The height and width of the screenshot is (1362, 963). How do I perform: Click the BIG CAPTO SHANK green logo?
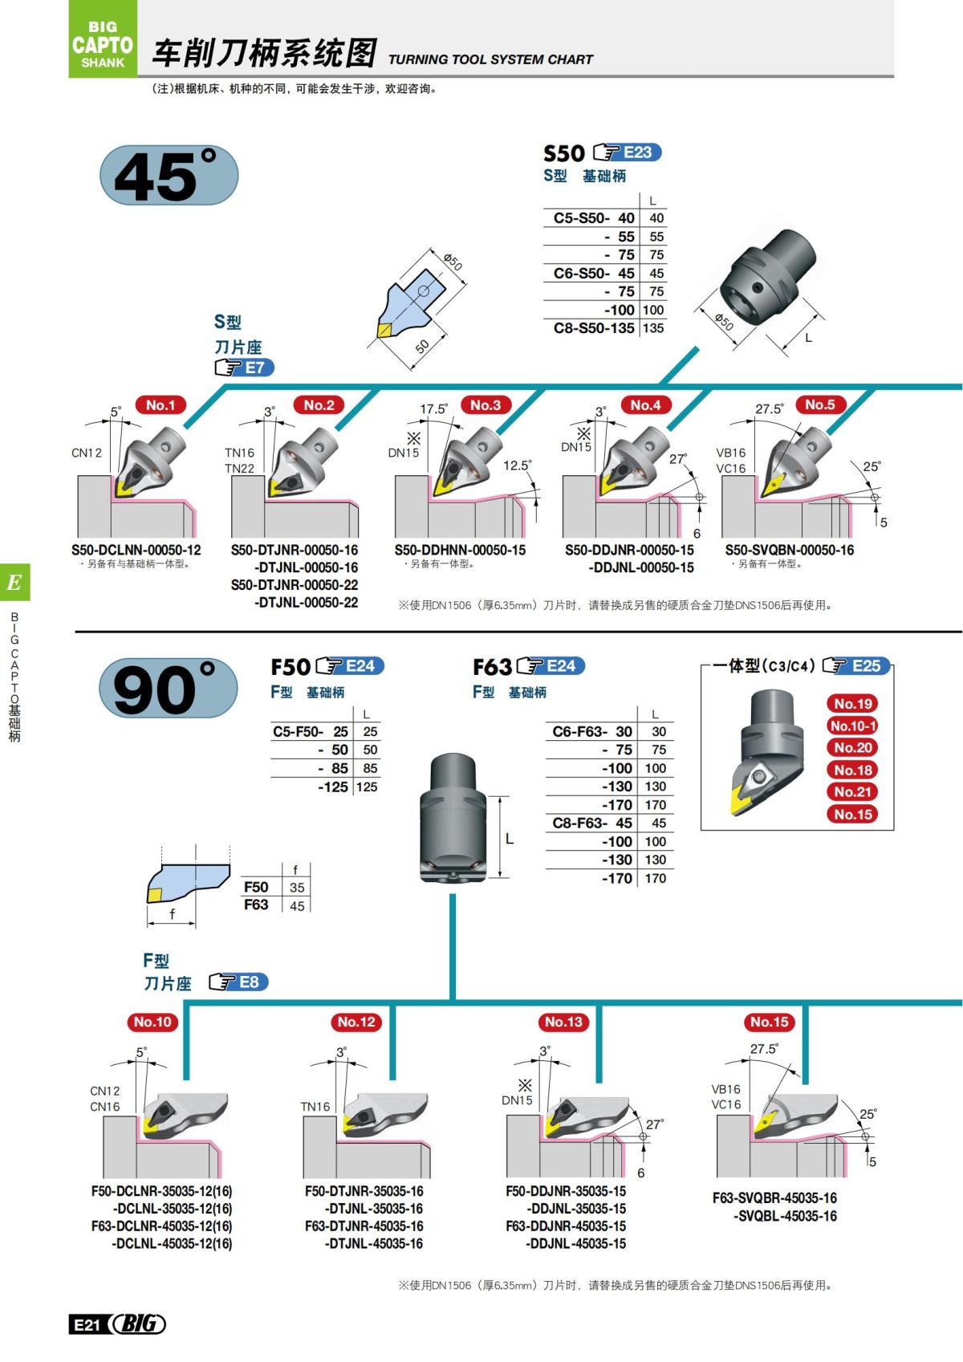point(102,39)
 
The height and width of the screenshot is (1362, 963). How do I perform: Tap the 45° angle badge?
point(169,175)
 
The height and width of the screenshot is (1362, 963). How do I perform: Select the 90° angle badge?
point(169,689)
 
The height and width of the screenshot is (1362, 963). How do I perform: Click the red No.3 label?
point(485,405)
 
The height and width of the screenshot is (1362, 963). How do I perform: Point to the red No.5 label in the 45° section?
point(819,405)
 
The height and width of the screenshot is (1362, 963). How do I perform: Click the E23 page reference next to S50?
point(637,152)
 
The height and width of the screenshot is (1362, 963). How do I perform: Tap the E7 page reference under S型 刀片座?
point(254,368)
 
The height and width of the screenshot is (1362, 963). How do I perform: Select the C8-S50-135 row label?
point(594,328)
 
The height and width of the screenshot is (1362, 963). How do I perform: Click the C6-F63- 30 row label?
point(592,732)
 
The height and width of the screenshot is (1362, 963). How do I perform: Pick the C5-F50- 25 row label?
point(311,732)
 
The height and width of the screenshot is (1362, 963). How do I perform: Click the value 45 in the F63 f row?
point(297,906)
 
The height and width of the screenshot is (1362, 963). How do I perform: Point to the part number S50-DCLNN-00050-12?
point(136,551)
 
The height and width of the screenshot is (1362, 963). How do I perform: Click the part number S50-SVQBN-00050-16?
point(789,551)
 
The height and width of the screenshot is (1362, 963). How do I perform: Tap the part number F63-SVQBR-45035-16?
point(774,1198)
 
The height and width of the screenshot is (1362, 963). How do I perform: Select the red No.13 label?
point(563,1022)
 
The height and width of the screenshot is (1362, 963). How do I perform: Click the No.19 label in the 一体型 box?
point(852,704)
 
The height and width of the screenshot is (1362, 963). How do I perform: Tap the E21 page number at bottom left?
point(85,1325)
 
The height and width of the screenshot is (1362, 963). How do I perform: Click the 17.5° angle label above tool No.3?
point(433,409)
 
